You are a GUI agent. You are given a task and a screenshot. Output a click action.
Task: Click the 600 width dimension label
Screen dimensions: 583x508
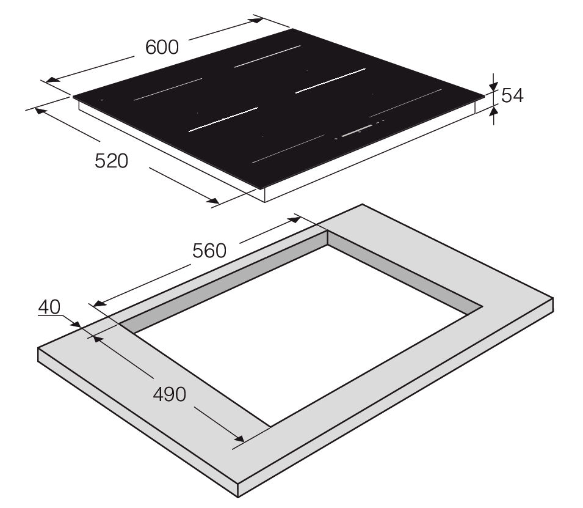pos(162,47)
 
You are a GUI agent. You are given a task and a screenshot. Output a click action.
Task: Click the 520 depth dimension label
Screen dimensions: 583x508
pos(111,161)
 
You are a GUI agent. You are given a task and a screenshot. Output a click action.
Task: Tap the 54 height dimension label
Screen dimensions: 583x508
pos(512,96)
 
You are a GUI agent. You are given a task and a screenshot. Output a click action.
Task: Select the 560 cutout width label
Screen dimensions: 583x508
pos(209,251)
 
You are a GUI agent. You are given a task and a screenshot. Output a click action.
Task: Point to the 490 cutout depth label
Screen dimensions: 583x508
pos(170,394)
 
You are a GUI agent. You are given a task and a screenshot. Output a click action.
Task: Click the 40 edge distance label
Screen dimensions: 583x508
pos(49,307)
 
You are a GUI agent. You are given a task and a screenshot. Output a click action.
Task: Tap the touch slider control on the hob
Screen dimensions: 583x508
pos(357,130)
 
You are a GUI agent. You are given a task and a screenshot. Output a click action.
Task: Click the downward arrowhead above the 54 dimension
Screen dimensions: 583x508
pos(493,87)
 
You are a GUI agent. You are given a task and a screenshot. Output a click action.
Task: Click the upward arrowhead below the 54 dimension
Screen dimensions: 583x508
pos(493,110)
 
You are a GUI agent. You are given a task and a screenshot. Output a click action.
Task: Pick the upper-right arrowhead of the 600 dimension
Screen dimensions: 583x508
pos(258,20)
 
